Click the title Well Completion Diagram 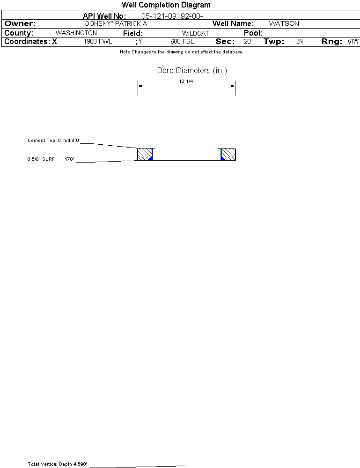[166, 5]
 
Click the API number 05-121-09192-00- [172, 16]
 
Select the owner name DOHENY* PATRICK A [116, 23]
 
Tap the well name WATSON [284, 23]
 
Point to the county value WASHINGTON [76, 33]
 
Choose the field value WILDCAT [195, 33]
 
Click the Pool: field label [253, 33]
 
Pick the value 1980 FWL [98, 42]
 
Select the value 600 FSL [182, 42]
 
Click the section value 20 [247, 42]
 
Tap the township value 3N [300, 42]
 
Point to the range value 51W [353, 42]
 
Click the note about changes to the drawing [181, 52]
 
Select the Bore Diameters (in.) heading [192, 71]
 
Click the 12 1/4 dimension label [186, 82]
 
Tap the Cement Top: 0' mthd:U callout [53, 140]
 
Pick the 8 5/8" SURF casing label [41, 159]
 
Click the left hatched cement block [144, 154]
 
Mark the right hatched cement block [228, 154]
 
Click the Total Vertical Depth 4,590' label [58, 464]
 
